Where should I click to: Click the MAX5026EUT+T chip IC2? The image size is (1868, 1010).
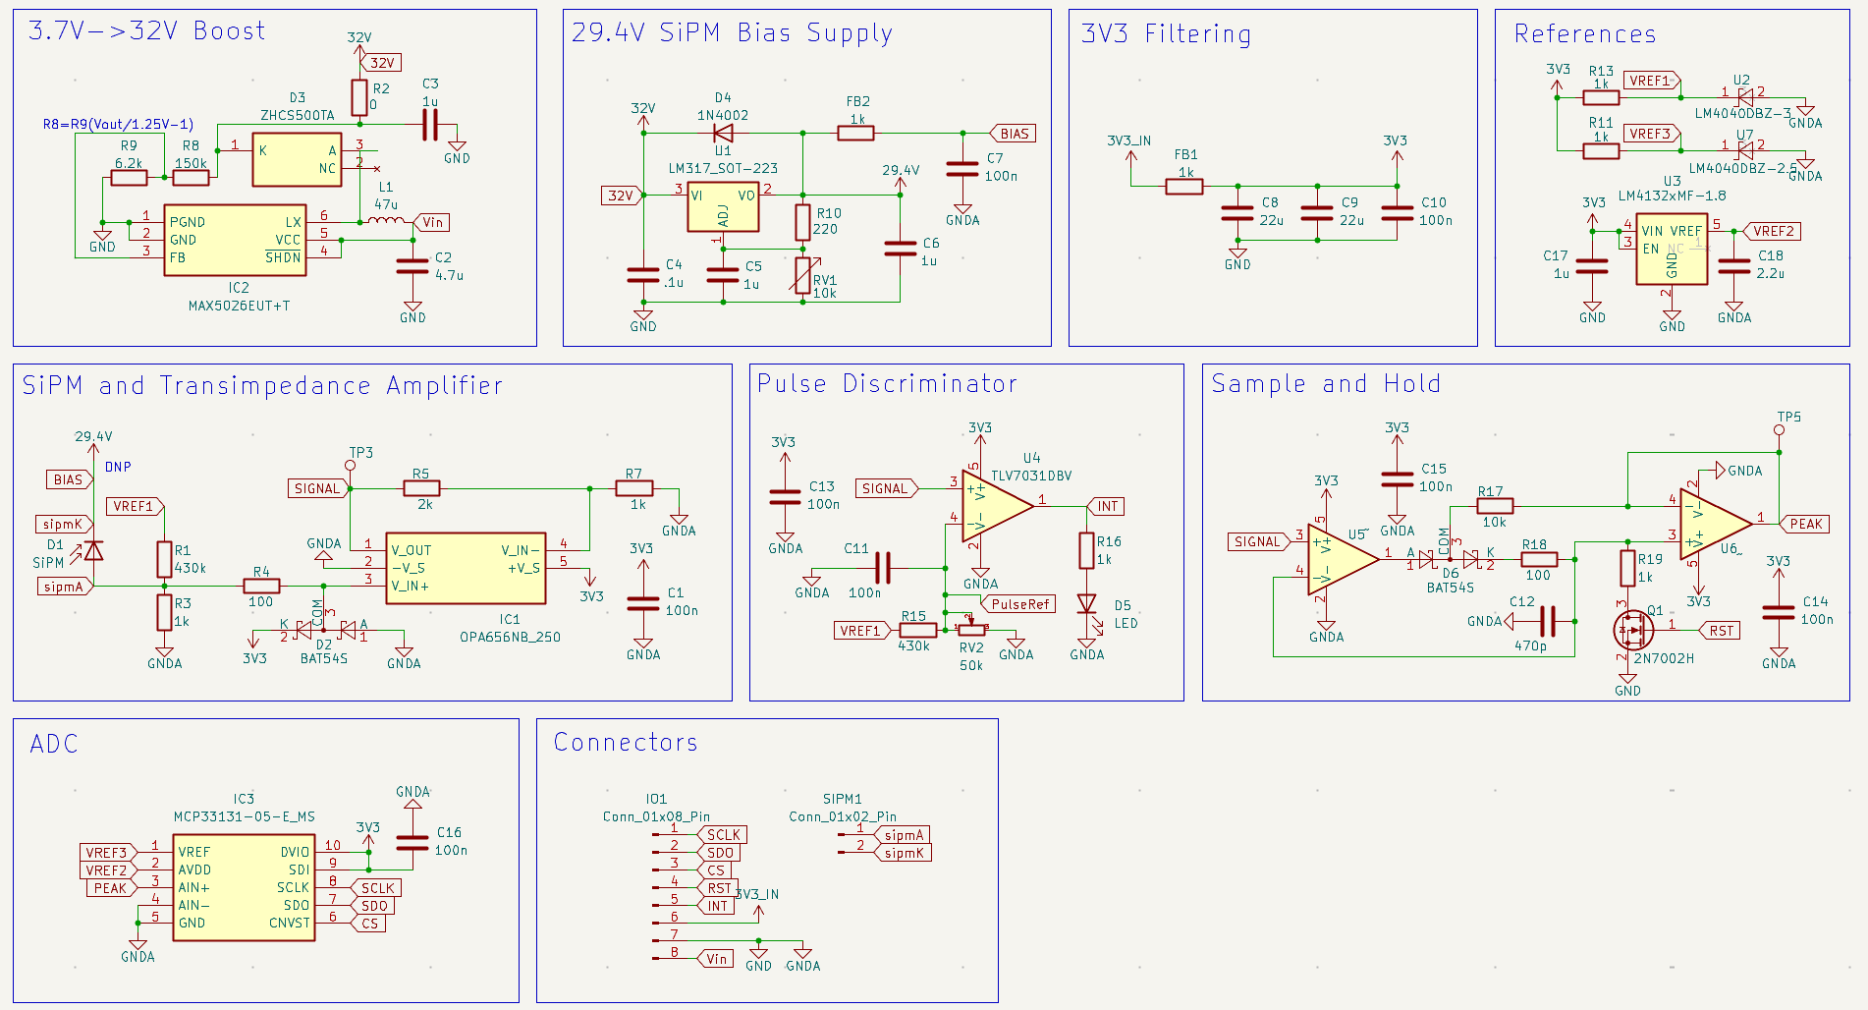pyautogui.click(x=235, y=240)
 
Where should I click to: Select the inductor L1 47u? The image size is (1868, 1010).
pyautogui.click(x=386, y=222)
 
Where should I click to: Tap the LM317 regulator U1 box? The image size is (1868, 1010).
pyautogui.click(x=723, y=206)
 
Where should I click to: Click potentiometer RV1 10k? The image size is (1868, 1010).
pyautogui.click(x=802, y=276)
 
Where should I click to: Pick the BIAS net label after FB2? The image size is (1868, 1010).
pyautogui.click(x=1014, y=134)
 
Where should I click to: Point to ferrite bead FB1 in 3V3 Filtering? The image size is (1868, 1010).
pyautogui.click(x=1184, y=186)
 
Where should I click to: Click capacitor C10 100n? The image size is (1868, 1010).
pyautogui.click(x=1397, y=212)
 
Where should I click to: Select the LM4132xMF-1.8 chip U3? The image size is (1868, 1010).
pyautogui.click(x=1672, y=250)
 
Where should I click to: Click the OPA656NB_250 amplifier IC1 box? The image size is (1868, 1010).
pyautogui.click(x=466, y=568)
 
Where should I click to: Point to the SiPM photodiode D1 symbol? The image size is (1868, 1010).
pyautogui.click(x=93, y=551)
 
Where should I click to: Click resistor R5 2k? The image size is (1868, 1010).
pyautogui.click(x=421, y=488)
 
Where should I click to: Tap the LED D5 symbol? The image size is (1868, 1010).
pyautogui.click(x=1086, y=603)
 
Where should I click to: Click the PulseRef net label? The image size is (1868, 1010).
pyautogui.click(x=1019, y=604)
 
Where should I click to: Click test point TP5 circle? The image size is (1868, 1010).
pyautogui.click(x=1779, y=429)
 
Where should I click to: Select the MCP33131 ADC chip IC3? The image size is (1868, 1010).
pyautogui.click(x=244, y=887)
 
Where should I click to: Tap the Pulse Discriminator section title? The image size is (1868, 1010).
pyautogui.click(x=887, y=384)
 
